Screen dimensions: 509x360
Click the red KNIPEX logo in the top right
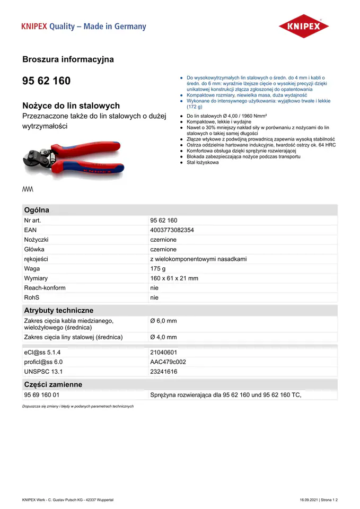tap(304, 26)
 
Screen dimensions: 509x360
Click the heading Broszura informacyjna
tap(68, 59)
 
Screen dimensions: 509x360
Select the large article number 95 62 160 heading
tap(46, 81)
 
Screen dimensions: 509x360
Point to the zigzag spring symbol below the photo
tap(28, 189)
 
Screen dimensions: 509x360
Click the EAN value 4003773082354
tap(172, 230)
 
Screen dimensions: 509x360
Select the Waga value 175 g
tap(158, 269)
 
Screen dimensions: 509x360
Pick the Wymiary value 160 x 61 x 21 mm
tap(174, 278)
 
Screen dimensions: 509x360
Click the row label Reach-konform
tap(45, 288)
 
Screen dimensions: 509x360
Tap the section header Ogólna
tap(37, 210)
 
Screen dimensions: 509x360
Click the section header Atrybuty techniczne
tap(58, 310)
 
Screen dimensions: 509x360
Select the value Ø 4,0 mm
tap(163, 337)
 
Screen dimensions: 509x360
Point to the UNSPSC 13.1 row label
tap(43, 372)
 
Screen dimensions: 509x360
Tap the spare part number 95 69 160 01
tap(42, 395)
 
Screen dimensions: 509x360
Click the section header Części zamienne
tap(53, 384)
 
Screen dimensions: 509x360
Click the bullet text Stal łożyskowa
tap(203, 162)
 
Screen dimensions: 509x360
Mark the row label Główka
tap(34, 249)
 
